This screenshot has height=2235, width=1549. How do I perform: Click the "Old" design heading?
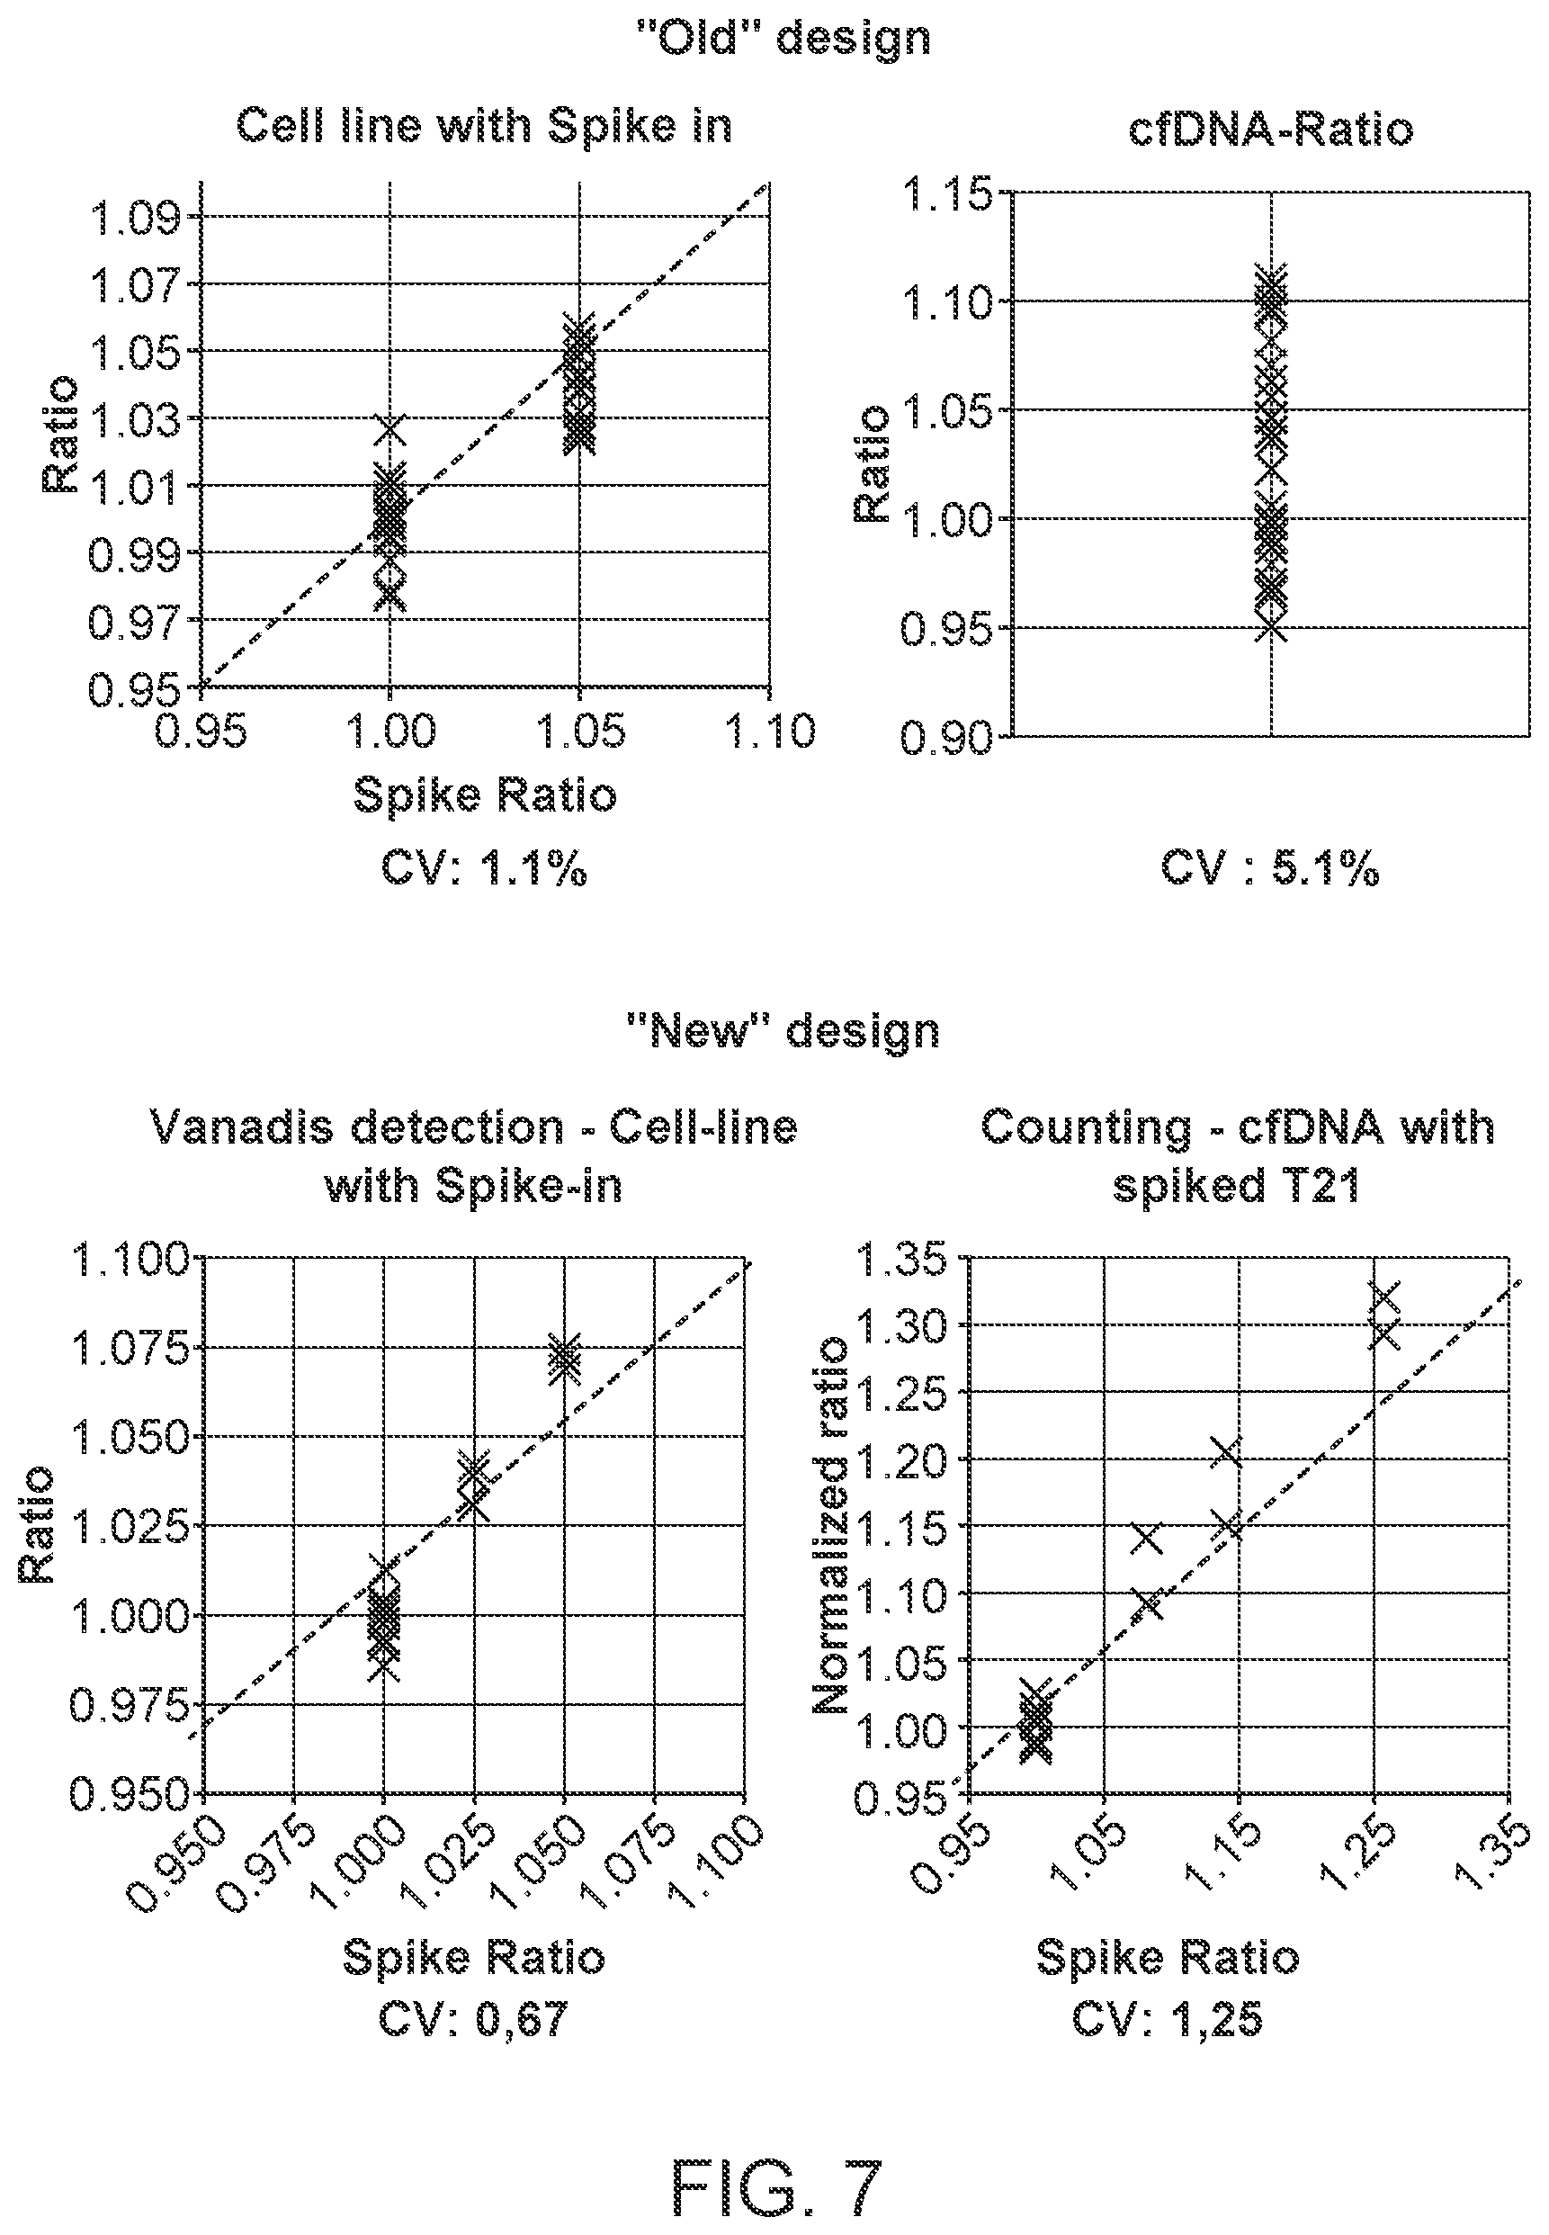783,38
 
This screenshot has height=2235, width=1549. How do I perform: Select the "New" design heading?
783,1030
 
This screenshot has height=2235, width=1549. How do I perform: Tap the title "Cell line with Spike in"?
484,126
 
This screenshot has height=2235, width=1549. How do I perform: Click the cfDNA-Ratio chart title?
1270,130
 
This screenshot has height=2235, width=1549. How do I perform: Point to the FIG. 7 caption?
776,2162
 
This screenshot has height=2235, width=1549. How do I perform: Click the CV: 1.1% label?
484,869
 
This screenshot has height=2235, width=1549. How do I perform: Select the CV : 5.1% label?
1269,869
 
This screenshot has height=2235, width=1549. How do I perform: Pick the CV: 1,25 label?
1168,2021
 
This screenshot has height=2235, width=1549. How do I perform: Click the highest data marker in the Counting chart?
1384,1297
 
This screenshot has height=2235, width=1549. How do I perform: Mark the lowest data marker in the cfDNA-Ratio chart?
1271,627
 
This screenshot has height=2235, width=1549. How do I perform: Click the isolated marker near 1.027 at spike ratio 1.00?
389,428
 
